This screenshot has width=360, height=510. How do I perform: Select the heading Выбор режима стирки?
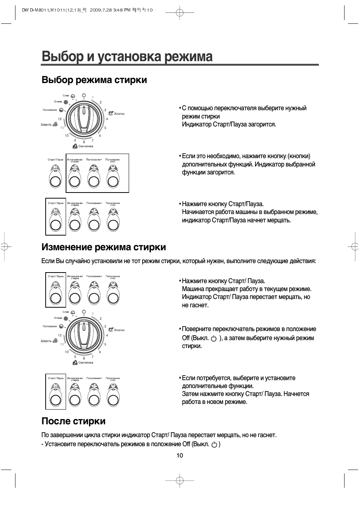[94, 80]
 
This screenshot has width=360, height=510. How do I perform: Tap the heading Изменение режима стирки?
[103, 247]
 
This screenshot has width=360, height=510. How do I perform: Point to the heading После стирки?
[73, 421]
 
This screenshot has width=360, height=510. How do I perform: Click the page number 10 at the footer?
[180, 455]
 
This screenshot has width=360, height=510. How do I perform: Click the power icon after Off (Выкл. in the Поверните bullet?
[214, 339]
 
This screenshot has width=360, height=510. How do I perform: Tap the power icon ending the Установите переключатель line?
[214, 445]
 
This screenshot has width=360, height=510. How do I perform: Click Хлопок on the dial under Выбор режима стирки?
[119, 113]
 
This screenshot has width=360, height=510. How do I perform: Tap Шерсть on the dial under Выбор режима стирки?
[46, 125]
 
